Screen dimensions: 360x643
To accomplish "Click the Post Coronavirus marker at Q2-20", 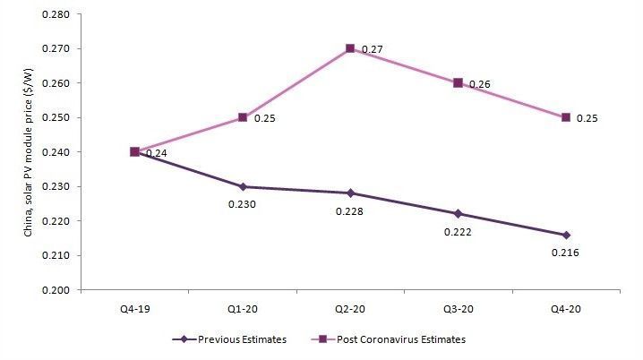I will click(350, 48).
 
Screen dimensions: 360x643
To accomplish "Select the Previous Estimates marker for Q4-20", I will click(566, 235).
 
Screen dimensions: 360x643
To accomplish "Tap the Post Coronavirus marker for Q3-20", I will click(458, 82).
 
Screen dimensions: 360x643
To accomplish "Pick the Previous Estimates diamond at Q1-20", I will click(242, 186).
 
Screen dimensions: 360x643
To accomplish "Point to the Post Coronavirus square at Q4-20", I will click(566, 117).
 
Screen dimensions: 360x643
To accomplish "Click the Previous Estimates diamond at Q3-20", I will click(458, 213).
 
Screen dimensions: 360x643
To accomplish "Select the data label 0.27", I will click(372, 49).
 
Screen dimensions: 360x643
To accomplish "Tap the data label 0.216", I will click(565, 253).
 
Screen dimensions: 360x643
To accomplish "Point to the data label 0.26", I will click(479, 84).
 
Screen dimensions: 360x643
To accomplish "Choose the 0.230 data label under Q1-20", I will click(242, 204).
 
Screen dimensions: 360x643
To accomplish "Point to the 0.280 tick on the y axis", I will click(64, 14).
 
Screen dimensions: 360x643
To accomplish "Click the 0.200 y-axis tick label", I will click(64, 290).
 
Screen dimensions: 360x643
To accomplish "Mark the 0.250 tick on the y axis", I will click(64, 117).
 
